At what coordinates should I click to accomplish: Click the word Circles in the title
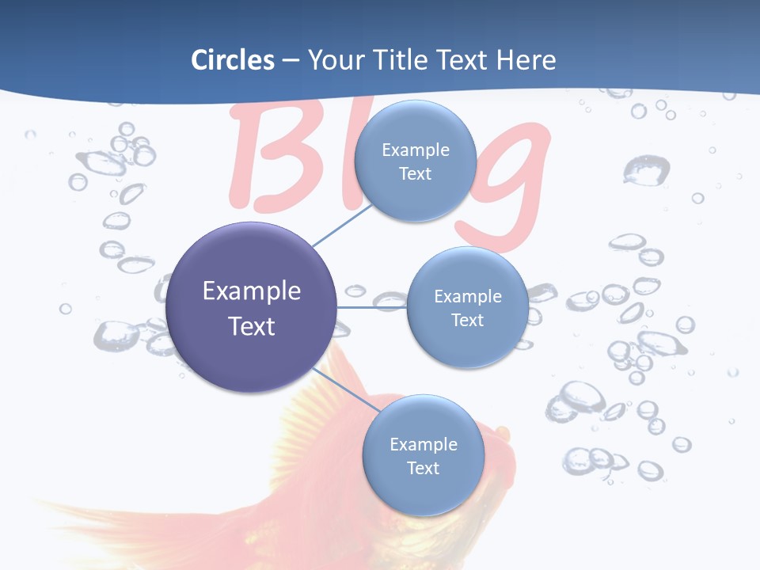[232, 60]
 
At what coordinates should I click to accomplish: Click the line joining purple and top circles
[342, 224]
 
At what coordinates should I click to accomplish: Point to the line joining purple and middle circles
[371, 307]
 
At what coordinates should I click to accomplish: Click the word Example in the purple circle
[252, 291]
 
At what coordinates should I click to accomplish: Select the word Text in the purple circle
[252, 326]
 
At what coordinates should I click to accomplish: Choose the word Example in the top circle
[416, 150]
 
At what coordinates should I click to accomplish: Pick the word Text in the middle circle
[467, 320]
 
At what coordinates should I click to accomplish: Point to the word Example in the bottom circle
[424, 445]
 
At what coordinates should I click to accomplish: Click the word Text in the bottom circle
[423, 469]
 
